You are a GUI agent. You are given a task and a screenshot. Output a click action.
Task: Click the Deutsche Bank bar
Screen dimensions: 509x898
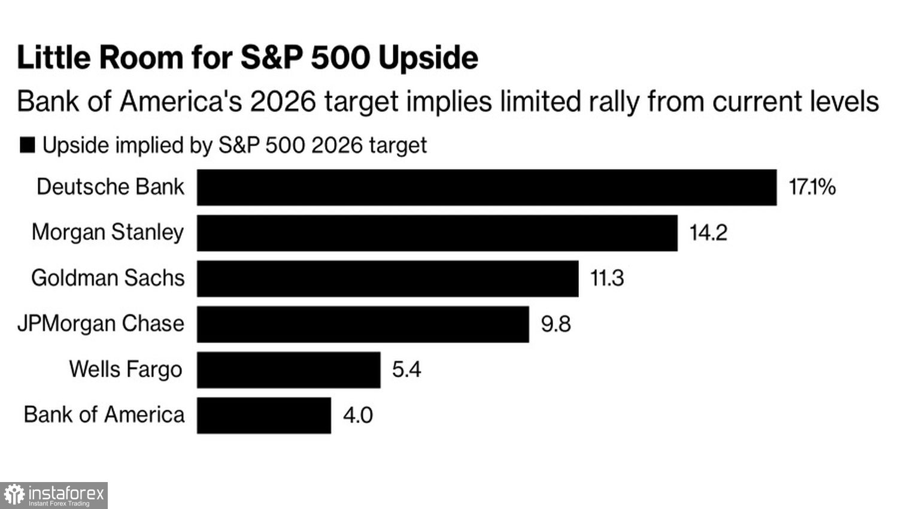[486, 187]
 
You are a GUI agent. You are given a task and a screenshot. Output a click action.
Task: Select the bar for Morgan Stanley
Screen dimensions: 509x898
[437, 233]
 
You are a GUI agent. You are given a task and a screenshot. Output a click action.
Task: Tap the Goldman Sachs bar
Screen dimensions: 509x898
[387, 278]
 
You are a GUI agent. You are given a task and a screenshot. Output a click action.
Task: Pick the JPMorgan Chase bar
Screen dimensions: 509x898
[363, 324]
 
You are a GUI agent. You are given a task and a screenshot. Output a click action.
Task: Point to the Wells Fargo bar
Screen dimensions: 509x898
[288, 369]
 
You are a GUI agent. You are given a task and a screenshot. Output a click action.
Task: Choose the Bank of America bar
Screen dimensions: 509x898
[263, 415]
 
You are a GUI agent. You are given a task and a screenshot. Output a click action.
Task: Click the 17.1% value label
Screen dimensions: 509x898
[812, 187]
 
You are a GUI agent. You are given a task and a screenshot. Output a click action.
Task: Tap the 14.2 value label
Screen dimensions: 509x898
[708, 233]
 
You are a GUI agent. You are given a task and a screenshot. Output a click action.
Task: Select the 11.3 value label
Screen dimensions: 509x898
[607, 278]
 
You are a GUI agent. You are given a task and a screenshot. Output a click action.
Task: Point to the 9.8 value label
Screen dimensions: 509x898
[556, 325]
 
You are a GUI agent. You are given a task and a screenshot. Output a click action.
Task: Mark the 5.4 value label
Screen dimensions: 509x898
[406, 369]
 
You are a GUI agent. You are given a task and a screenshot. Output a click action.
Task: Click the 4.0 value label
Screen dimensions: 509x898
[357, 416]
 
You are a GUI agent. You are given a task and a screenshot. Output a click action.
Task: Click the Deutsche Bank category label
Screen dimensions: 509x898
[110, 187]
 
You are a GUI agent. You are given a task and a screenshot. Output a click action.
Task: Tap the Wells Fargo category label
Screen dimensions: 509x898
[125, 369]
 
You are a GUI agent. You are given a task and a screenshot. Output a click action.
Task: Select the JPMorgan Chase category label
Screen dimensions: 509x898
[101, 324]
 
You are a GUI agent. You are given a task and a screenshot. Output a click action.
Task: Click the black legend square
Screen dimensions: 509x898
[28, 145]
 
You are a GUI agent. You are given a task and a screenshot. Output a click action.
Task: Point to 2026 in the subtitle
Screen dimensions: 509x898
[283, 101]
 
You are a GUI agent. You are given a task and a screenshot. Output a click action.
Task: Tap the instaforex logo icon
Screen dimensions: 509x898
[14, 495]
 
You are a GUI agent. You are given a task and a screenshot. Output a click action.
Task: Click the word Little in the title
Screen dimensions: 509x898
[54, 58]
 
